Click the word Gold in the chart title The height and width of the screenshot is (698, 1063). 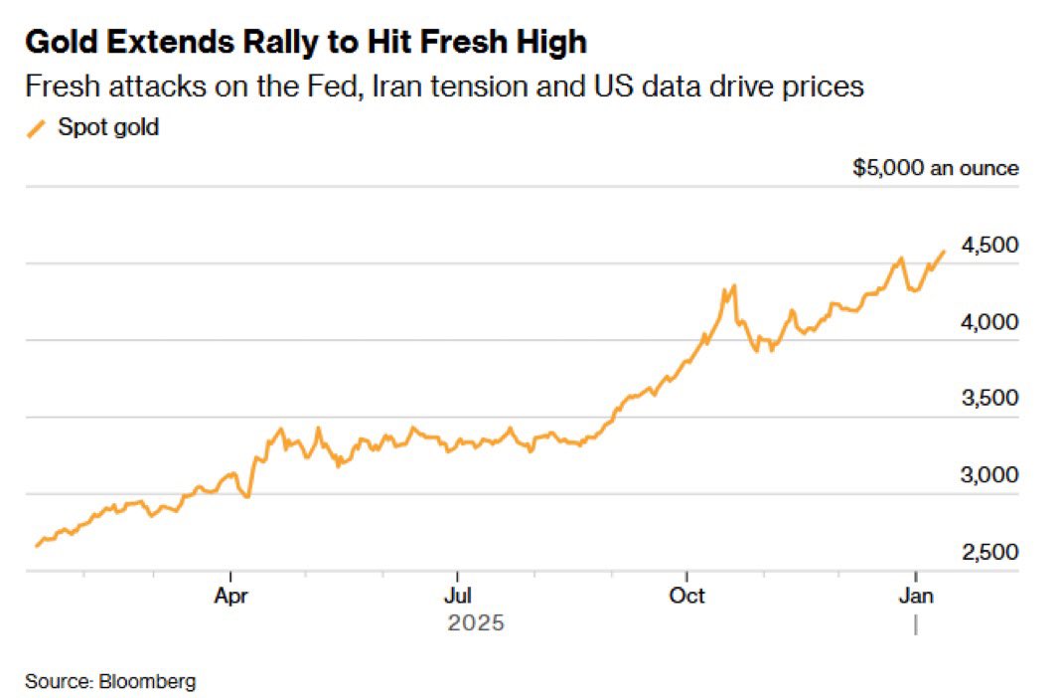(59, 43)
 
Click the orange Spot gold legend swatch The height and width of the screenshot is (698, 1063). (36, 128)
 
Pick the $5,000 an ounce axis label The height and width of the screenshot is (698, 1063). (935, 168)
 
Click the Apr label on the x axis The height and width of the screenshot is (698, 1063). (230, 596)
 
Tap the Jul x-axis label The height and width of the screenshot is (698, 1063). (458, 596)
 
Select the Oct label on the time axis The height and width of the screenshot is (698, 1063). (686, 596)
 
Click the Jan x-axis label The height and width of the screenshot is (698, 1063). (915, 596)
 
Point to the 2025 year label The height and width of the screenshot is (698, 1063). (476, 624)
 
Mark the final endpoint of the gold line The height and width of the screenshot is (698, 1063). (944, 252)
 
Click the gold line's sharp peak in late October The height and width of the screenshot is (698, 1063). (733, 286)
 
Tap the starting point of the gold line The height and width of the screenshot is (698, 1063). (37, 545)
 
